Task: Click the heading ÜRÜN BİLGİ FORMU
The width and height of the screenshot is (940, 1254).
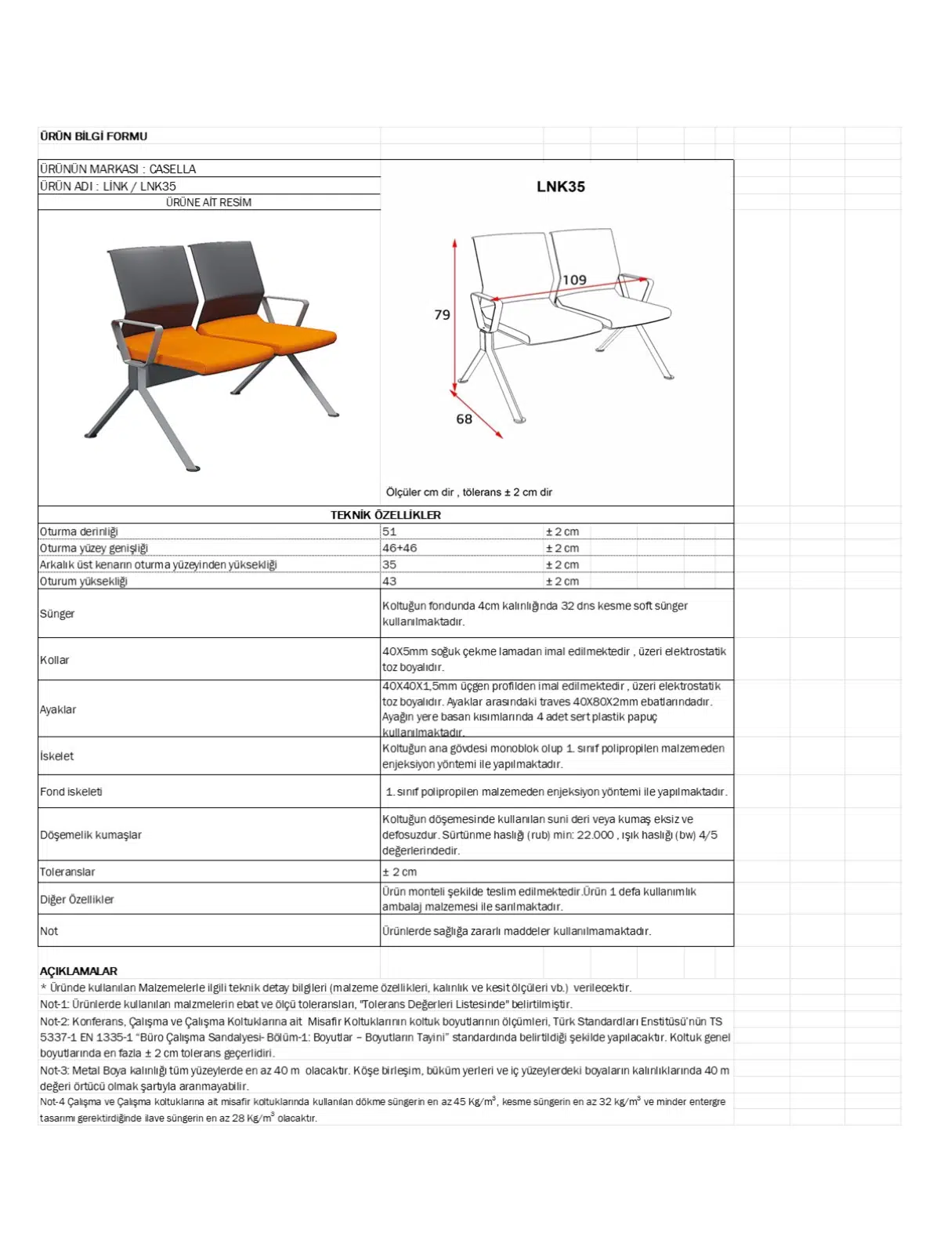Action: coord(93,136)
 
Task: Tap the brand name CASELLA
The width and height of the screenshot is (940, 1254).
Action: coord(172,169)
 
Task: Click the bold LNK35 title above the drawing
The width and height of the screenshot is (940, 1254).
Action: coord(561,187)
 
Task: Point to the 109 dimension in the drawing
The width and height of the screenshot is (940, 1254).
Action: coord(574,280)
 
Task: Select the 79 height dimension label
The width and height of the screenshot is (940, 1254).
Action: coord(442,314)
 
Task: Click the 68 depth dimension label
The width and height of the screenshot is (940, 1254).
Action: coord(464,419)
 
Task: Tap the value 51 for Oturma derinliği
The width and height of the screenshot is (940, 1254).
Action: coord(389,531)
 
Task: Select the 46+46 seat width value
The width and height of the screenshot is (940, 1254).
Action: coord(399,548)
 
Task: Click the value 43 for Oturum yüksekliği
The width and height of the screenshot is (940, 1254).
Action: coord(389,581)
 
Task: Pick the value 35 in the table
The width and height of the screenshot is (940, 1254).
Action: coord(389,564)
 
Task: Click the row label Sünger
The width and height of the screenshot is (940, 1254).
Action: coord(57,614)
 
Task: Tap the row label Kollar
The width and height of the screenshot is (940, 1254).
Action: coord(55,660)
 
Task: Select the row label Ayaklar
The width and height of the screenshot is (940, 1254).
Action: coord(58,709)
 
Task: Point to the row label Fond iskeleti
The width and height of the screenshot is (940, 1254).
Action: coord(71,792)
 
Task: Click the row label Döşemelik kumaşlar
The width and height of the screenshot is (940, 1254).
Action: coord(91,835)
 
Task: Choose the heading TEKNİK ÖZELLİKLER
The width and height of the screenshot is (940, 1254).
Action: coord(385,515)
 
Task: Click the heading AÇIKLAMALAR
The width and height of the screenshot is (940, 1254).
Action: coord(78,970)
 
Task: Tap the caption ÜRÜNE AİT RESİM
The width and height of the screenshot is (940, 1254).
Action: coord(208,202)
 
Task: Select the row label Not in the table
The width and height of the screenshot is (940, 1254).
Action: coord(49,931)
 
